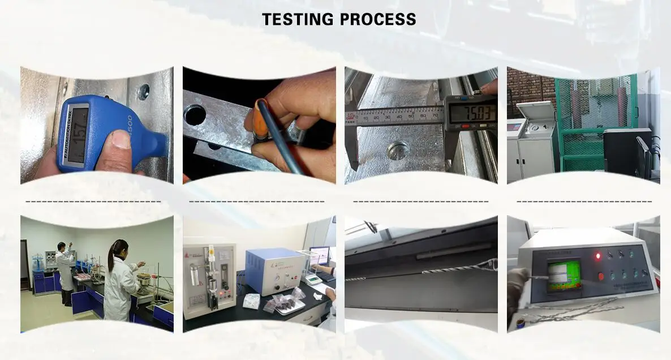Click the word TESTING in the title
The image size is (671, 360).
point(298,19)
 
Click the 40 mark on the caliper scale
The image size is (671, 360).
point(400,115)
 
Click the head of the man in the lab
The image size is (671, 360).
point(61,247)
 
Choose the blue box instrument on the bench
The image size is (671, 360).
point(275,272)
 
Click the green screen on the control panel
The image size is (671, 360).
point(564,275)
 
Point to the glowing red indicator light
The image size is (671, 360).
point(597,256)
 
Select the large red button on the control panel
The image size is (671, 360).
point(601,277)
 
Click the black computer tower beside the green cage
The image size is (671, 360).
point(620,150)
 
